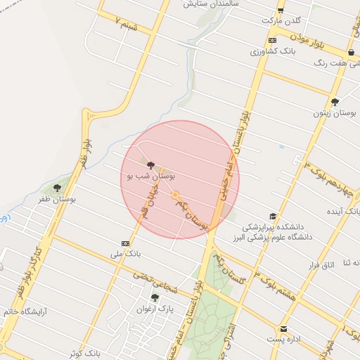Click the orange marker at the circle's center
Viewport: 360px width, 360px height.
tap(176, 195)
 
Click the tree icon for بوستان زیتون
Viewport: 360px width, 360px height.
tap(335, 101)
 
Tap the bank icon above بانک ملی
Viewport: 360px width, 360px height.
tap(125, 243)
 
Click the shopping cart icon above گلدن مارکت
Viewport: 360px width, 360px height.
tap(280, 10)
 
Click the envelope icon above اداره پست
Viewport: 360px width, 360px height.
tap(283, 328)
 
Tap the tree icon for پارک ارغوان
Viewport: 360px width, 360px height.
tap(155, 297)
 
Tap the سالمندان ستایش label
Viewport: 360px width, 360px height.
tap(207, 4)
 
